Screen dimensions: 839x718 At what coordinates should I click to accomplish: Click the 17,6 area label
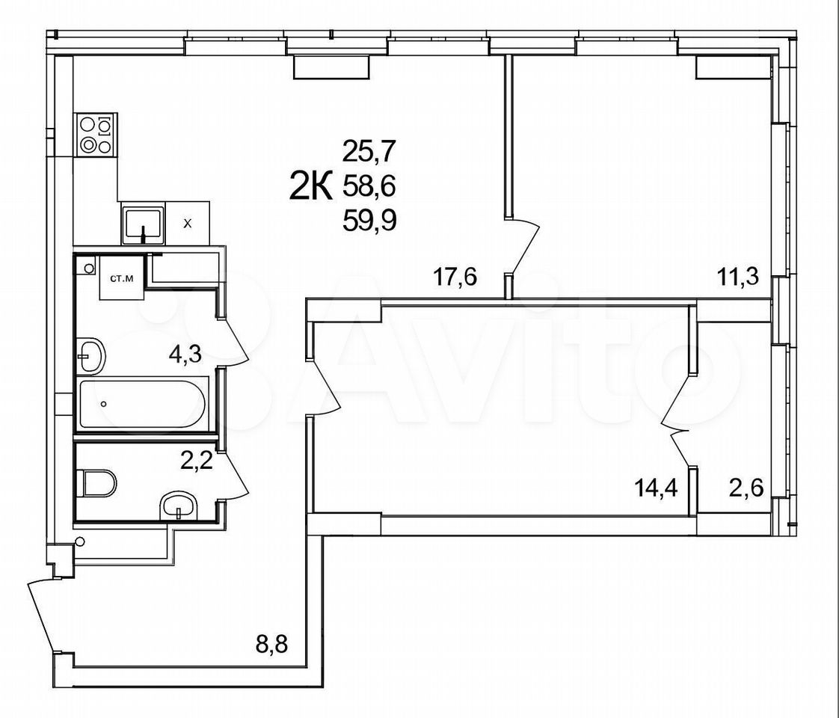tap(455, 278)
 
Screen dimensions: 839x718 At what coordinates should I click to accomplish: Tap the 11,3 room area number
tap(738, 278)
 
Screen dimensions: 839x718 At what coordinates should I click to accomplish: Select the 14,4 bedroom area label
tap(657, 488)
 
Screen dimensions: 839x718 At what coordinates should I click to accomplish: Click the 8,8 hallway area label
tap(272, 645)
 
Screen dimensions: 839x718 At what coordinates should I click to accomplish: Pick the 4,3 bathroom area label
tap(185, 355)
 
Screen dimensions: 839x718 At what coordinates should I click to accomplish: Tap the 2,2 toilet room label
tap(197, 460)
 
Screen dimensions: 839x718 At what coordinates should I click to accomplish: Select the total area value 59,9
tap(369, 220)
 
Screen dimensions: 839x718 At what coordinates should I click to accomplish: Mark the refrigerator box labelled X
tap(187, 224)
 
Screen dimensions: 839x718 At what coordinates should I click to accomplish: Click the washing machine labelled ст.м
tap(122, 278)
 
